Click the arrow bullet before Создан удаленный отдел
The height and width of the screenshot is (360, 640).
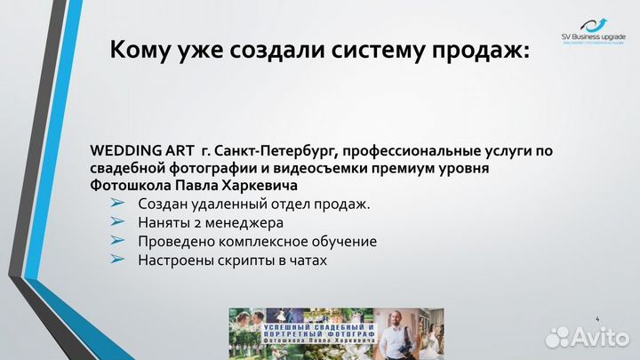point(117,204)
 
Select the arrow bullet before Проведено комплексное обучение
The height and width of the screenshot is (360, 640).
point(117,241)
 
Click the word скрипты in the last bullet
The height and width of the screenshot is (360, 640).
point(240,260)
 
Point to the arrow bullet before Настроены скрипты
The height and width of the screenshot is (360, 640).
point(117,260)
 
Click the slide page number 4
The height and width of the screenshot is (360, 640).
point(597,317)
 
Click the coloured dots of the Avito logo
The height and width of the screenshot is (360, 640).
point(557,337)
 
